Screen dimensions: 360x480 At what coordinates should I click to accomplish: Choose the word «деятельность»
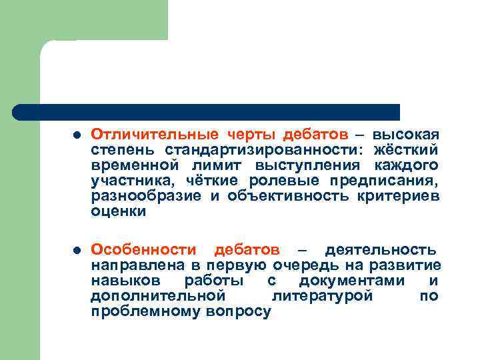click(x=381, y=250)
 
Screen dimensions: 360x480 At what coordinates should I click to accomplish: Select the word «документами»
click(x=352, y=280)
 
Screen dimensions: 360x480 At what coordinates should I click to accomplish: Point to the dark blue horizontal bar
click(x=207, y=111)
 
